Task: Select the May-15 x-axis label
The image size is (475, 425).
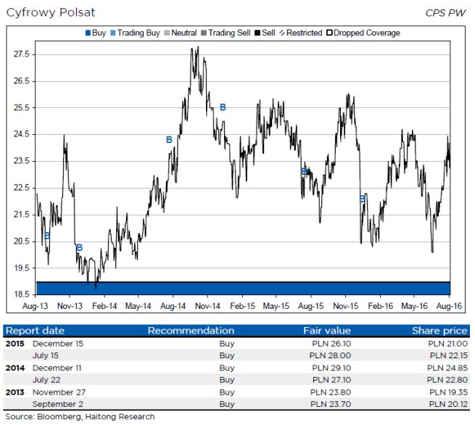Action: [x=276, y=306]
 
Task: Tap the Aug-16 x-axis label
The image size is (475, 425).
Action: [x=450, y=306]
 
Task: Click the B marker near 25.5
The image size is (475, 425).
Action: [x=223, y=107]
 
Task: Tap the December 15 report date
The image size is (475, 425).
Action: [x=58, y=343]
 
